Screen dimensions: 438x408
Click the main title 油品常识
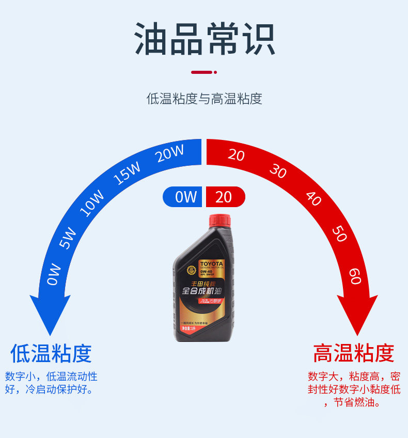pos(205,39)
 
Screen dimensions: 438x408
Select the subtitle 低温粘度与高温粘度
pos(205,99)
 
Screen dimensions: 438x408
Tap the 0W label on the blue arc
pos(54,274)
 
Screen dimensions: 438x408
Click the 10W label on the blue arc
pos(92,204)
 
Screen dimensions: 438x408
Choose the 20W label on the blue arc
pos(170,154)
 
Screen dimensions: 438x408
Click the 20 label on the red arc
pos(236,154)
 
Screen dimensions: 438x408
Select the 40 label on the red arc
pos(313,198)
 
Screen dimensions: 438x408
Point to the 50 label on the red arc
pos(339,234)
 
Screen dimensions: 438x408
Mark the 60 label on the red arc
pos(354,276)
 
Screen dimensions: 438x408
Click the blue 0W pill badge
pos(184,197)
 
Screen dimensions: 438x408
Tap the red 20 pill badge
pos(225,197)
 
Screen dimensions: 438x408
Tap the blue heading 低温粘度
pos(51,354)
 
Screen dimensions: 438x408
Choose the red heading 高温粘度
pos(354,354)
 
